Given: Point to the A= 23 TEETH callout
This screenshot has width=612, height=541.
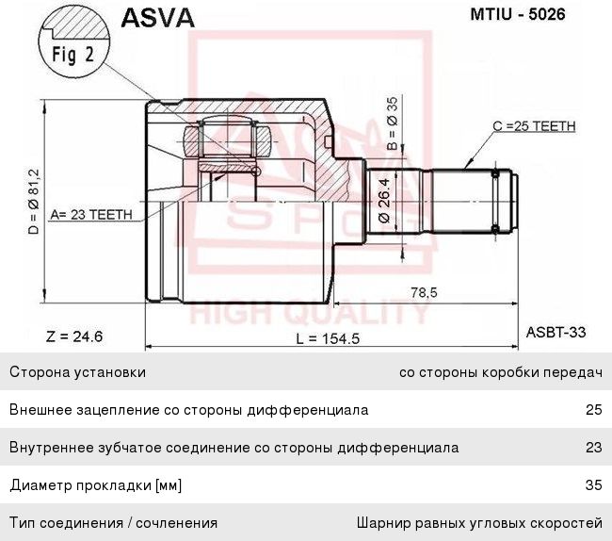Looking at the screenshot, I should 91,214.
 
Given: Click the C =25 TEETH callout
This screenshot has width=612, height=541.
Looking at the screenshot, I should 534,125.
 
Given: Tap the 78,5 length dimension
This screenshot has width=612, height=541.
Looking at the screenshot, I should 425,293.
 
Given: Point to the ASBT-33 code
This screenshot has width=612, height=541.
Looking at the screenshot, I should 556,332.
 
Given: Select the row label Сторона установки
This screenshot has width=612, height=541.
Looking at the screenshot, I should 77,372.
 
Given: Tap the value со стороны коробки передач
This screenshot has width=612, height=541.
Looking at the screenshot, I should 500,372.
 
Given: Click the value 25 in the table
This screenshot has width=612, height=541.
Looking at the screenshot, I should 593,410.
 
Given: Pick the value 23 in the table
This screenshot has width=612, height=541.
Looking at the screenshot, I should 593,448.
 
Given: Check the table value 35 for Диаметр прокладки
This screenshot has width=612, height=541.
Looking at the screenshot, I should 593,485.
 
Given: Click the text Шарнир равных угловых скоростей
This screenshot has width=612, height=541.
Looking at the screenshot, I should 479,522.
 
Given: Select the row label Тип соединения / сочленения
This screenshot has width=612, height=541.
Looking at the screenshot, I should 113,522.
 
